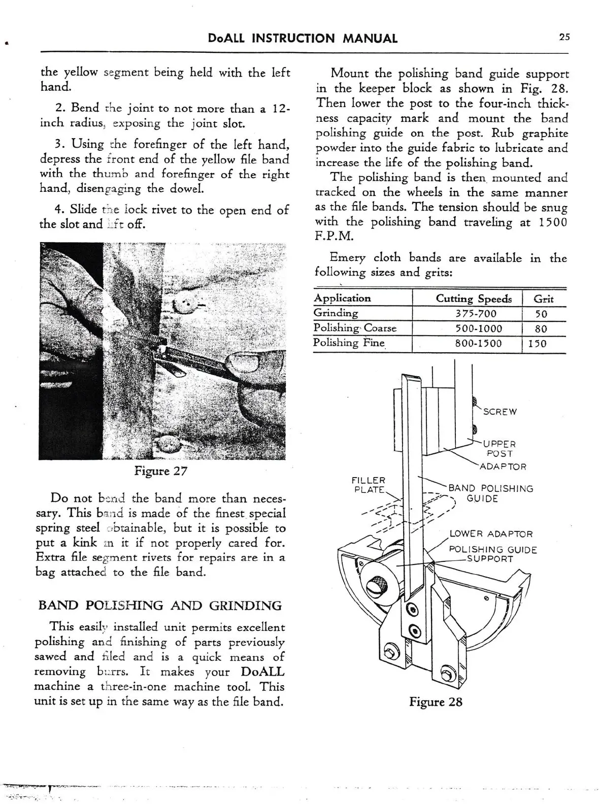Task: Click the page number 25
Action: click(564, 37)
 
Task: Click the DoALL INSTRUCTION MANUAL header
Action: click(303, 38)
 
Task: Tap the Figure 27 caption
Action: click(160, 471)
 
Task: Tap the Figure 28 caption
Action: click(436, 702)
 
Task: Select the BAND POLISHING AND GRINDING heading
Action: click(160, 606)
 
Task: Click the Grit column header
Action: click(544, 299)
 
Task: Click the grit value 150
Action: click(537, 344)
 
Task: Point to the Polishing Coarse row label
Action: click(354, 328)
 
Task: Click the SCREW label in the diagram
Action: click(500, 412)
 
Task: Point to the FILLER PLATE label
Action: click(369, 485)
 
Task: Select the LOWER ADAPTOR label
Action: click(491, 534)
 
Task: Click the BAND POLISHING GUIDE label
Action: click(490, 493)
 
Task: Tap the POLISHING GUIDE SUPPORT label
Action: click(492, 554)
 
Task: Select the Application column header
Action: click(342, 298)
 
